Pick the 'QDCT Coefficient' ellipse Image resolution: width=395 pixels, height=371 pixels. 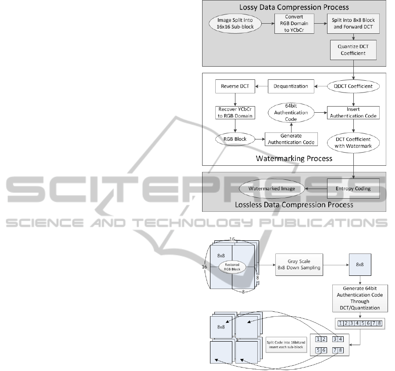(x=353, y=86)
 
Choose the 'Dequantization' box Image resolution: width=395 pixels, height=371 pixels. (x=291, y=86)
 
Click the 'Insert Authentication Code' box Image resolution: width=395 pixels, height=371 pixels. (x=353, y=113)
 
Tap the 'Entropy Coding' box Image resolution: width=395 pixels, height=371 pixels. (x=353, y=189)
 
